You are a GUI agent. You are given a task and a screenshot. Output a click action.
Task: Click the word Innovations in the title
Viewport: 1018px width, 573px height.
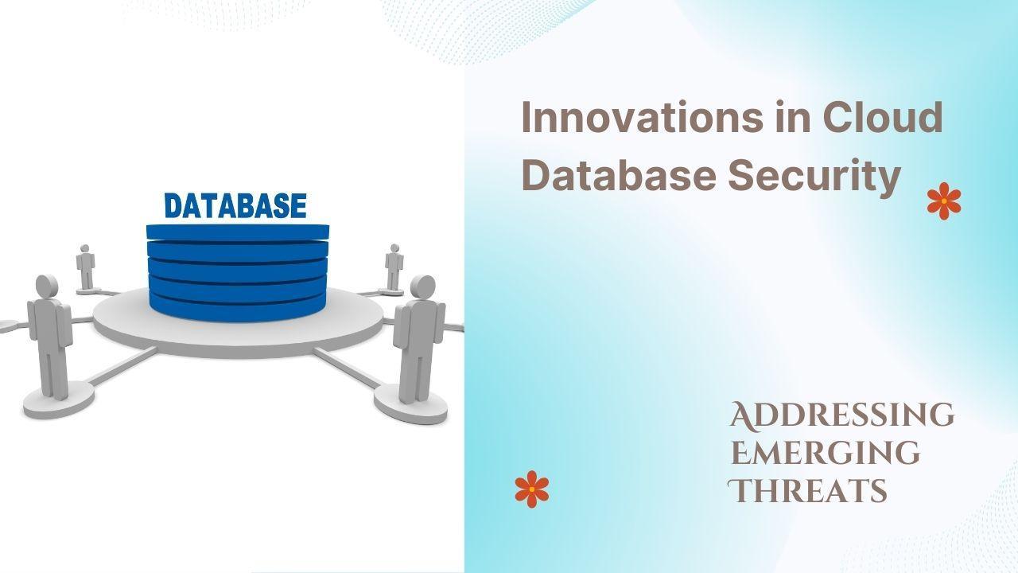point(642,117)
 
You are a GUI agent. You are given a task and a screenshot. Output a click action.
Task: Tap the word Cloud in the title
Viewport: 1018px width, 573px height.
point(883,116)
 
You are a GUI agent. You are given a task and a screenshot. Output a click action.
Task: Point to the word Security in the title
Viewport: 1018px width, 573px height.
point(814,178)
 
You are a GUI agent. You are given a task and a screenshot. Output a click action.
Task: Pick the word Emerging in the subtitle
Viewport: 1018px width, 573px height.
point(826,453)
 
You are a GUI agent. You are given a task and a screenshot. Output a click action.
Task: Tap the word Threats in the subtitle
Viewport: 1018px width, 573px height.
point(807,490)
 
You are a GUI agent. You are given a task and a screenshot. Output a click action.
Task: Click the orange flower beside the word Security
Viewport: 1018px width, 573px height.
point(944,201)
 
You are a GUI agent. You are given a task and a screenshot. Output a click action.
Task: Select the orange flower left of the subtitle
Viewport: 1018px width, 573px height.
point(532,489)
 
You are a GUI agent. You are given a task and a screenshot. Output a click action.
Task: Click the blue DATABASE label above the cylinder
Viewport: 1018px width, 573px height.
point(235,206)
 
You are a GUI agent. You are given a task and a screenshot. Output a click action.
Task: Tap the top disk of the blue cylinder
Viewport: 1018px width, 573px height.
point(238,232)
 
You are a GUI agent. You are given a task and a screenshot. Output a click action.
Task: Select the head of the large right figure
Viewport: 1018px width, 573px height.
point(422,287)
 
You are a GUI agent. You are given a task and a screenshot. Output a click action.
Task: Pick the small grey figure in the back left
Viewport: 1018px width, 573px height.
point(85,267)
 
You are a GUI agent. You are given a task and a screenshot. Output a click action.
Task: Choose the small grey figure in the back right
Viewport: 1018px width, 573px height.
point(394,267)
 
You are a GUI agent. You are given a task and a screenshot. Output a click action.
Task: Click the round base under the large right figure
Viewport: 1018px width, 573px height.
point(410,404)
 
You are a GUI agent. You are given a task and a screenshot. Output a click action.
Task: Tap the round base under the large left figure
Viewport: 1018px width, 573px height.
point(59,400)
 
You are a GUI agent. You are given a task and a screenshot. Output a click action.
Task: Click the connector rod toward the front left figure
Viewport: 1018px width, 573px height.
point(122,366)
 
